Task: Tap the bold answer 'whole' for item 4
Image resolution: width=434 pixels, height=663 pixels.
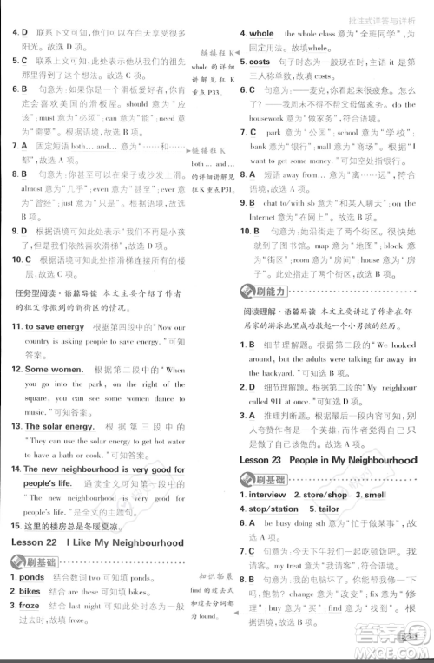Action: (x=261, y=34)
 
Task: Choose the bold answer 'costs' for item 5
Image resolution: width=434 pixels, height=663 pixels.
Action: (x=260, y=62)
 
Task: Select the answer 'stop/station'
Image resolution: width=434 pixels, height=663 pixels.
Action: (x=274, y=509)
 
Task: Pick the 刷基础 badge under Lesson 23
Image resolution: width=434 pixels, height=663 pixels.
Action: (x=264, y=478)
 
